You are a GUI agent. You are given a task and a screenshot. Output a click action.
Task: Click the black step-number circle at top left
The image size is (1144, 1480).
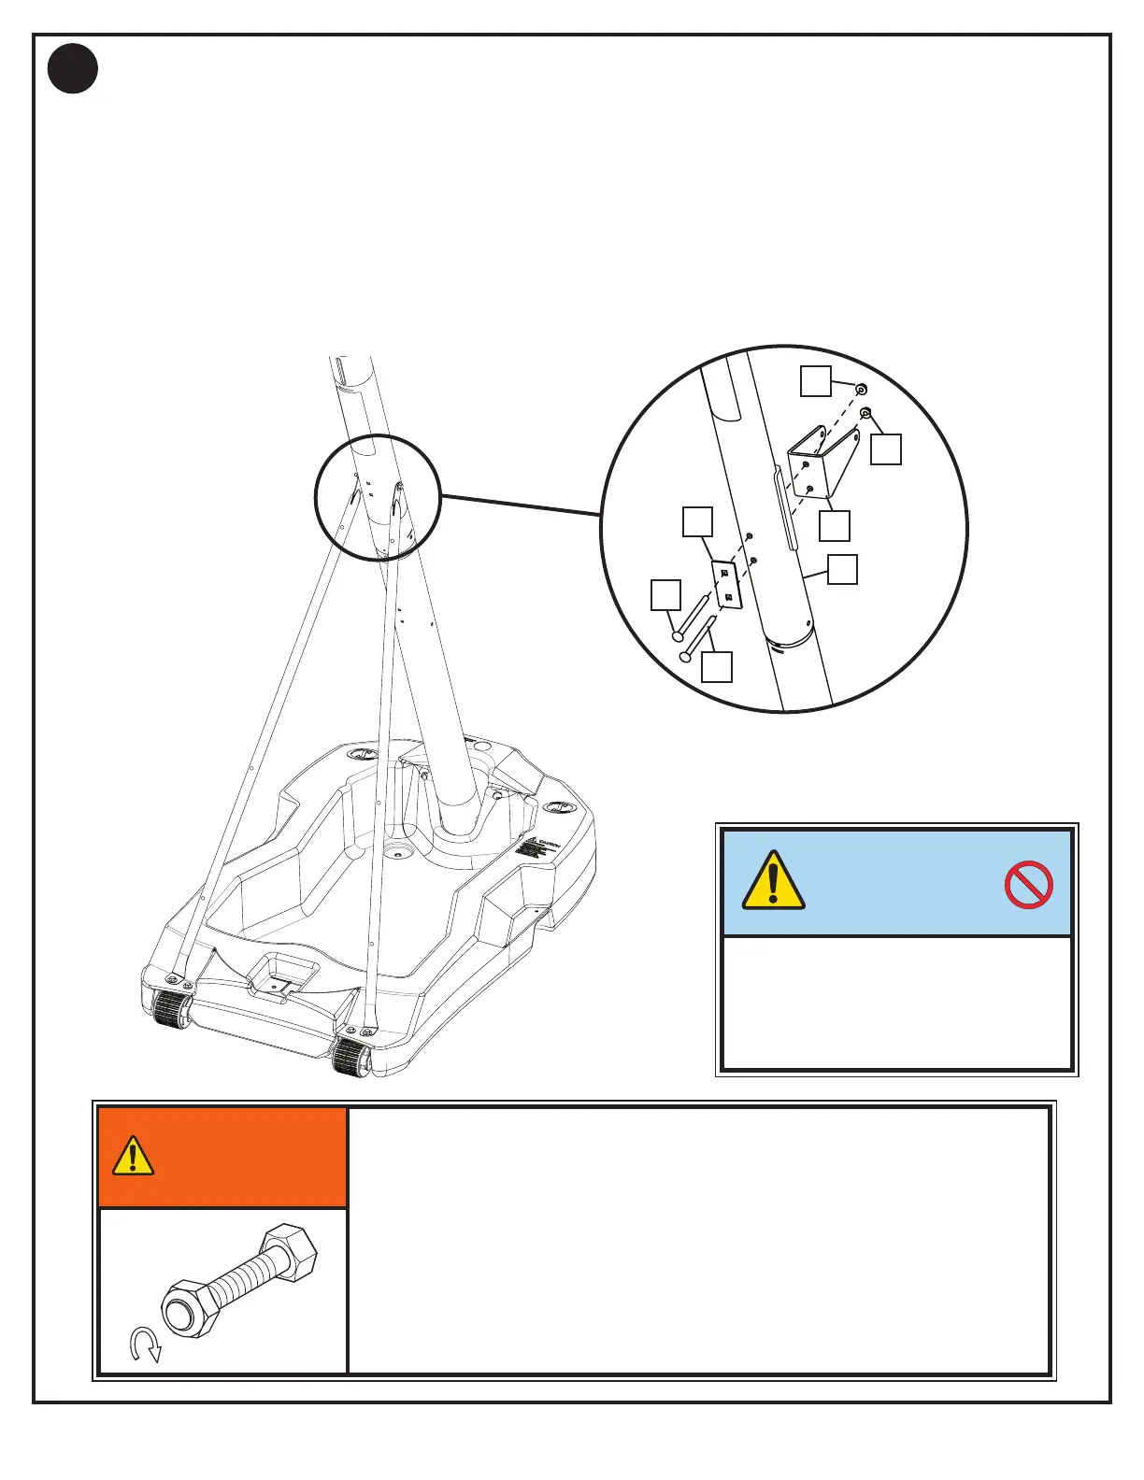click(74, 69)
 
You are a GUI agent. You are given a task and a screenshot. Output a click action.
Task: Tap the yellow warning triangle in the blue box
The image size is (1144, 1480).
click(773, 880)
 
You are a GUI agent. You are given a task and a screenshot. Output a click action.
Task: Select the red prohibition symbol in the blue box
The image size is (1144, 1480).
click(1028, 884)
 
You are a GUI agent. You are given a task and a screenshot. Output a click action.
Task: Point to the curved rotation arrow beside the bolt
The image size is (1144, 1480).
click(146, 1346)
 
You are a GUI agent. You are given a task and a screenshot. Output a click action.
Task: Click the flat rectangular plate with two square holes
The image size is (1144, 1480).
click(726, 584)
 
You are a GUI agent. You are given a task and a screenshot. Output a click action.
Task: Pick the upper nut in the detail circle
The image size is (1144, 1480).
click(861, 389)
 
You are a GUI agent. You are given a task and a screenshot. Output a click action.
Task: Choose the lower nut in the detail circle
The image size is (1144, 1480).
click(866, 413)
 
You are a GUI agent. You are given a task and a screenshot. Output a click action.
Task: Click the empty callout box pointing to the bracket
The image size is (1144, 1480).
click(835, 525)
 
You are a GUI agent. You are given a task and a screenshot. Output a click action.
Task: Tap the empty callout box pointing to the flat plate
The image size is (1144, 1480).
click(697, 521)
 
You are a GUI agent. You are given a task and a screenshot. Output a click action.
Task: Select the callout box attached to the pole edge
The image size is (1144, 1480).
click(843, 570)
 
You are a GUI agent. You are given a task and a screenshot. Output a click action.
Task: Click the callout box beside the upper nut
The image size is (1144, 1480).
click(816, 381)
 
